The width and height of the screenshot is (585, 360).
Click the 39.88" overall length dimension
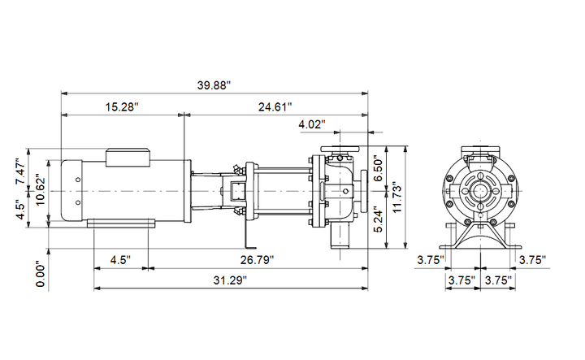[214, 85]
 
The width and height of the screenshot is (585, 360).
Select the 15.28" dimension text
[122, 107]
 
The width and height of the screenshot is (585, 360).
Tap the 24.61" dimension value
[275, 107]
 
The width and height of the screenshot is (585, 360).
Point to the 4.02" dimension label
[312, 124]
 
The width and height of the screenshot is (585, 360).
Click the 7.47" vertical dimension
[20, 171]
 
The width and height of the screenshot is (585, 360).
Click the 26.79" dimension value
[257, 260]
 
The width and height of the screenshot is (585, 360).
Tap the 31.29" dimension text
[230, 280]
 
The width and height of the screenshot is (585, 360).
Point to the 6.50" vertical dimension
[379, 169]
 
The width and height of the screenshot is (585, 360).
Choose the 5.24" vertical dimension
[379, 219]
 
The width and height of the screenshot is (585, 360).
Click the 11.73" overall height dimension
[397, 198]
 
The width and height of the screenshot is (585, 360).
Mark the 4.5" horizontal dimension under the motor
[120, 260]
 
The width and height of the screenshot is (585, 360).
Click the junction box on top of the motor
[128, 158]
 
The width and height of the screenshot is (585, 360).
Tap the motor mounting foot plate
[121, 223]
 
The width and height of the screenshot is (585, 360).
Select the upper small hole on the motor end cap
[78, 180]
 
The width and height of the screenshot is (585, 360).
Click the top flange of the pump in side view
[340, 149]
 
